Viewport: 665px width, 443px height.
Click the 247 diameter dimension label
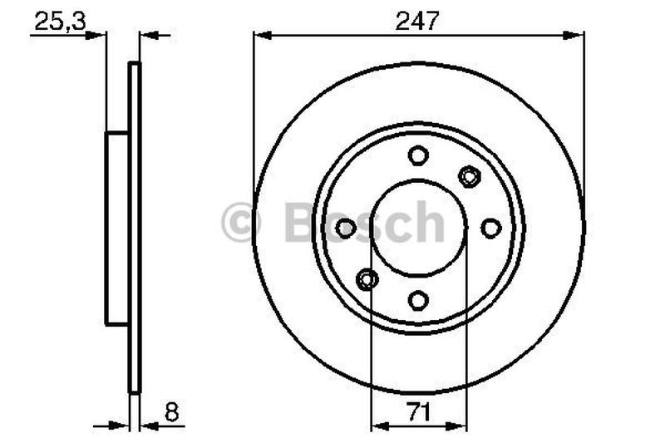coord(419,20)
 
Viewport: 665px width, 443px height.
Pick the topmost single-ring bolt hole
coord(418,155)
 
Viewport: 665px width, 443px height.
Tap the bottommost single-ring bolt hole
coord(418,299)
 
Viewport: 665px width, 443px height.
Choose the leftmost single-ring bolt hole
coord(346,227)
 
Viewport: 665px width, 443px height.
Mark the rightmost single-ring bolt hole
coord(490,227)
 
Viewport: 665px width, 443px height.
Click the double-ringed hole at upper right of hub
coord(470,175)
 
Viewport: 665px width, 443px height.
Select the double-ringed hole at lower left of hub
coord(367,279)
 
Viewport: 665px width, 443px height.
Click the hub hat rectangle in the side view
coord(117,227)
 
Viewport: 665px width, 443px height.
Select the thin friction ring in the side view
coord(134,227)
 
